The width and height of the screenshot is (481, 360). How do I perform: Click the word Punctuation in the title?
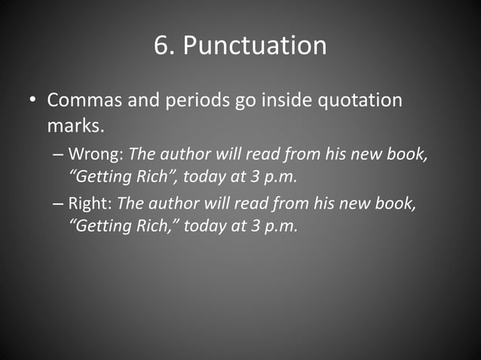point(255,46)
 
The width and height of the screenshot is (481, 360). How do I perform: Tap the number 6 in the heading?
point(161,45)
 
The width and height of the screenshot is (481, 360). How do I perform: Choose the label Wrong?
point(97,154)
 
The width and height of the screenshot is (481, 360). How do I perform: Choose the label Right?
point(91,204)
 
